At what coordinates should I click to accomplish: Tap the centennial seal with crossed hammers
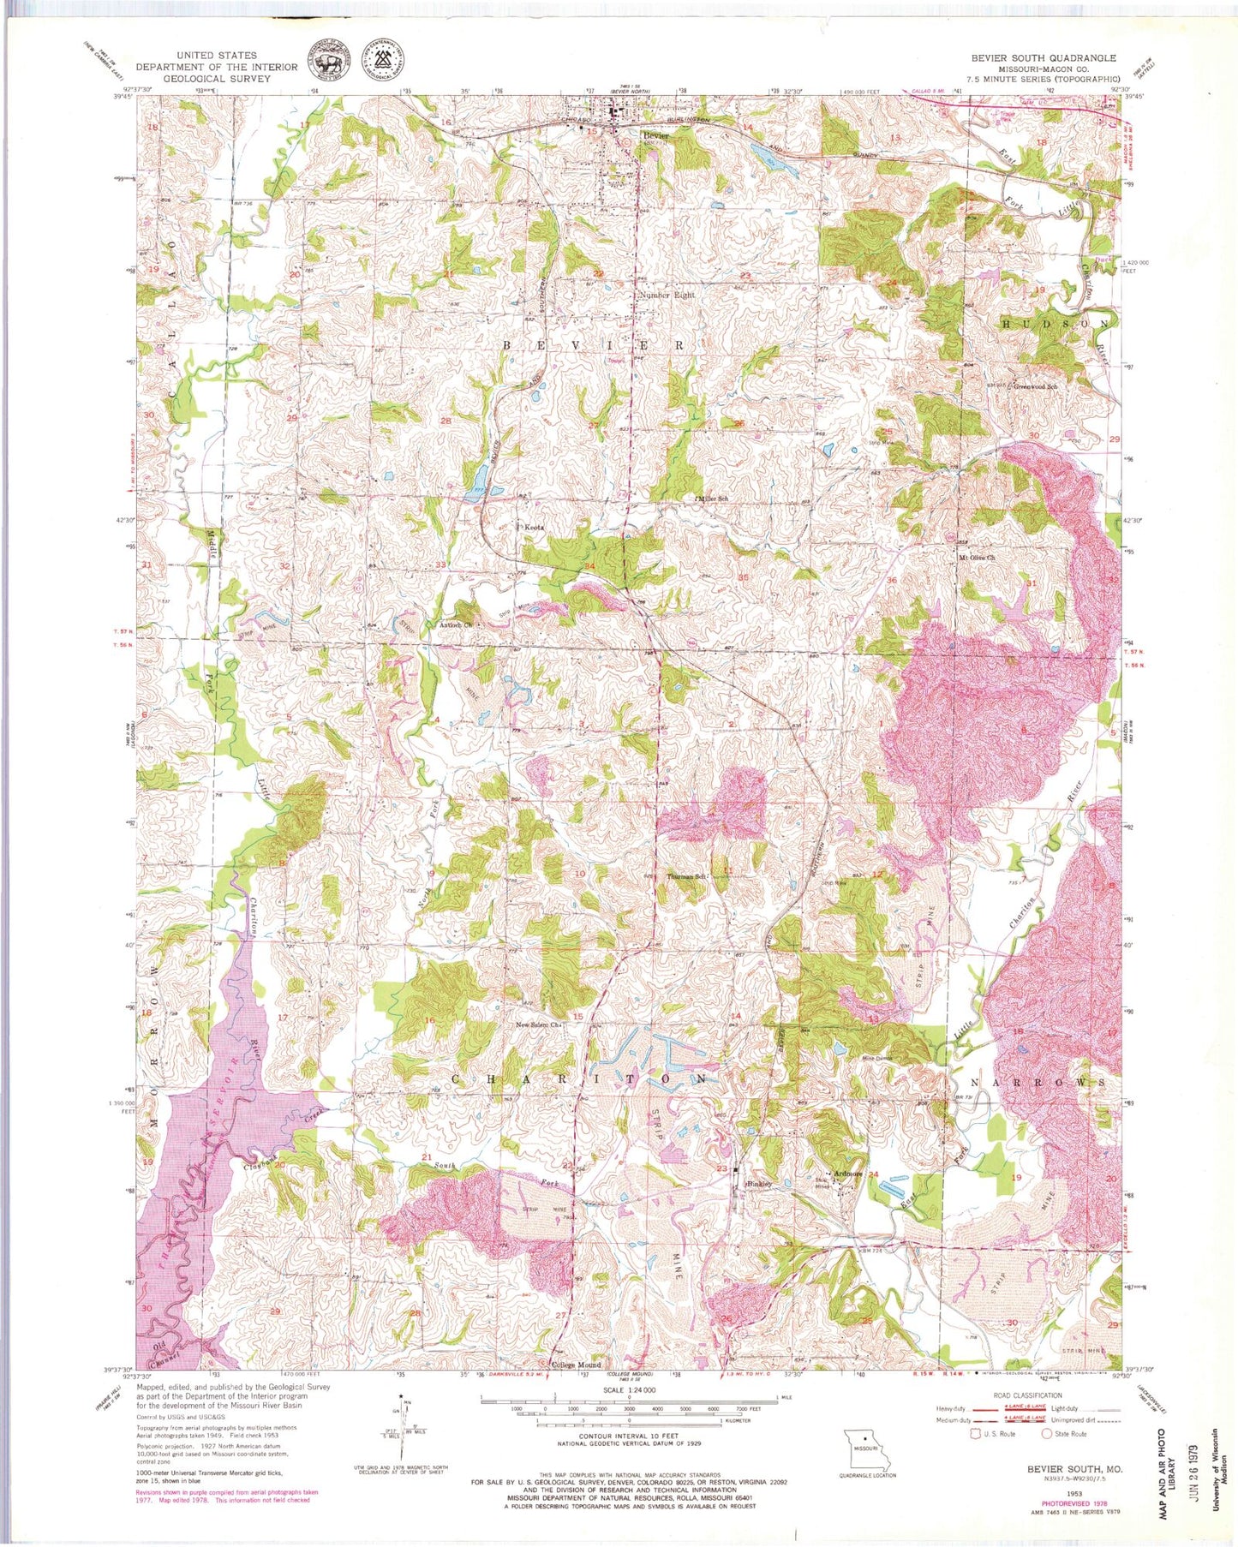[x=384, y=60]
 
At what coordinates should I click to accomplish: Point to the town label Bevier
[x=655, y=135]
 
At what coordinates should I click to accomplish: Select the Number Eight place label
[x=667, y=295]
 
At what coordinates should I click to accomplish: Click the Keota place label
[x=534, y=528]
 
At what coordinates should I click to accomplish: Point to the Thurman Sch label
[x=685, y=877]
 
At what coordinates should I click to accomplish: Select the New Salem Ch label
[x=537, y=1024]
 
